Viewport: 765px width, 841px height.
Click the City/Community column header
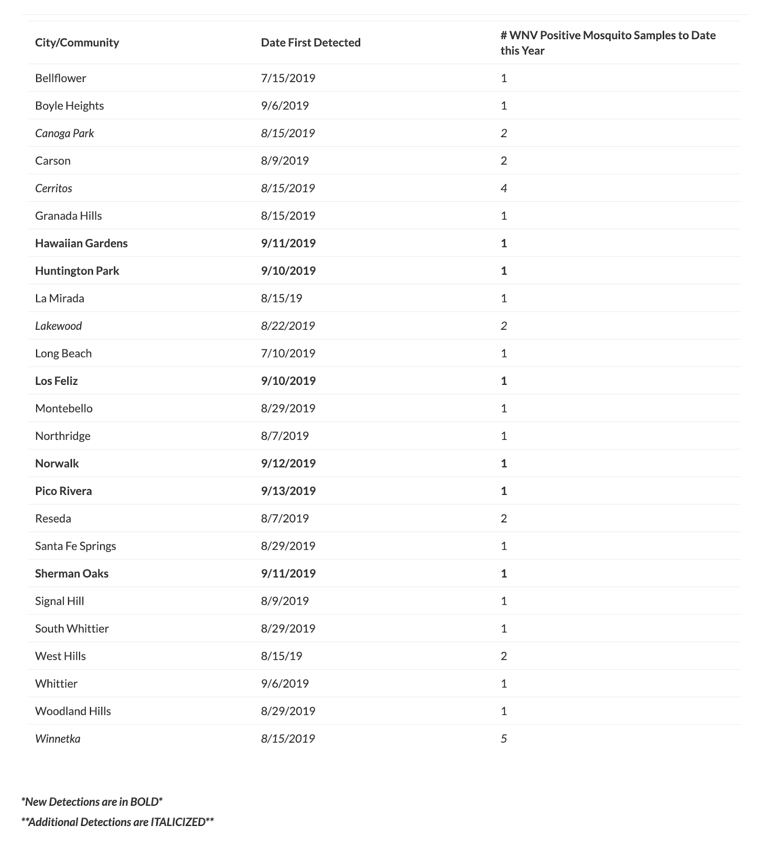77,42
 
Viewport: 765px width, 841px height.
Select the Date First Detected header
310,42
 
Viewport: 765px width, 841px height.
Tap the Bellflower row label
61,78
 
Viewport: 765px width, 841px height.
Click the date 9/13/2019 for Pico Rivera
288,491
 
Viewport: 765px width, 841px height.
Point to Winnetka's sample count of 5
503,738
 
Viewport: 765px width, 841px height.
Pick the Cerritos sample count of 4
503,188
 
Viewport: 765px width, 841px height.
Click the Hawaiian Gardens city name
81,243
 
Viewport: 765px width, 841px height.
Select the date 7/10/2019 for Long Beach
288,353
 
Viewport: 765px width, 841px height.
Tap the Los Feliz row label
56,381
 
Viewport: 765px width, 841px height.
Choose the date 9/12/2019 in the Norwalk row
288,463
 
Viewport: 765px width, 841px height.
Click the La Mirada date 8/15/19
281,298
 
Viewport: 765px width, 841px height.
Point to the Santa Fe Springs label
75,546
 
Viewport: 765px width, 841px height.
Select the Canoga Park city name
64,133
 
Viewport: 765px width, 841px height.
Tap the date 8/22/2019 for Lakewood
288,326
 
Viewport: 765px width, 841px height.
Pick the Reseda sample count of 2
503,518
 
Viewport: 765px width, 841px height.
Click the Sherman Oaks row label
71,574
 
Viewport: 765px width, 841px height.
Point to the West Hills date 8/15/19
281,656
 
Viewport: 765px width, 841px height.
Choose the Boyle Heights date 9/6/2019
285,106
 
